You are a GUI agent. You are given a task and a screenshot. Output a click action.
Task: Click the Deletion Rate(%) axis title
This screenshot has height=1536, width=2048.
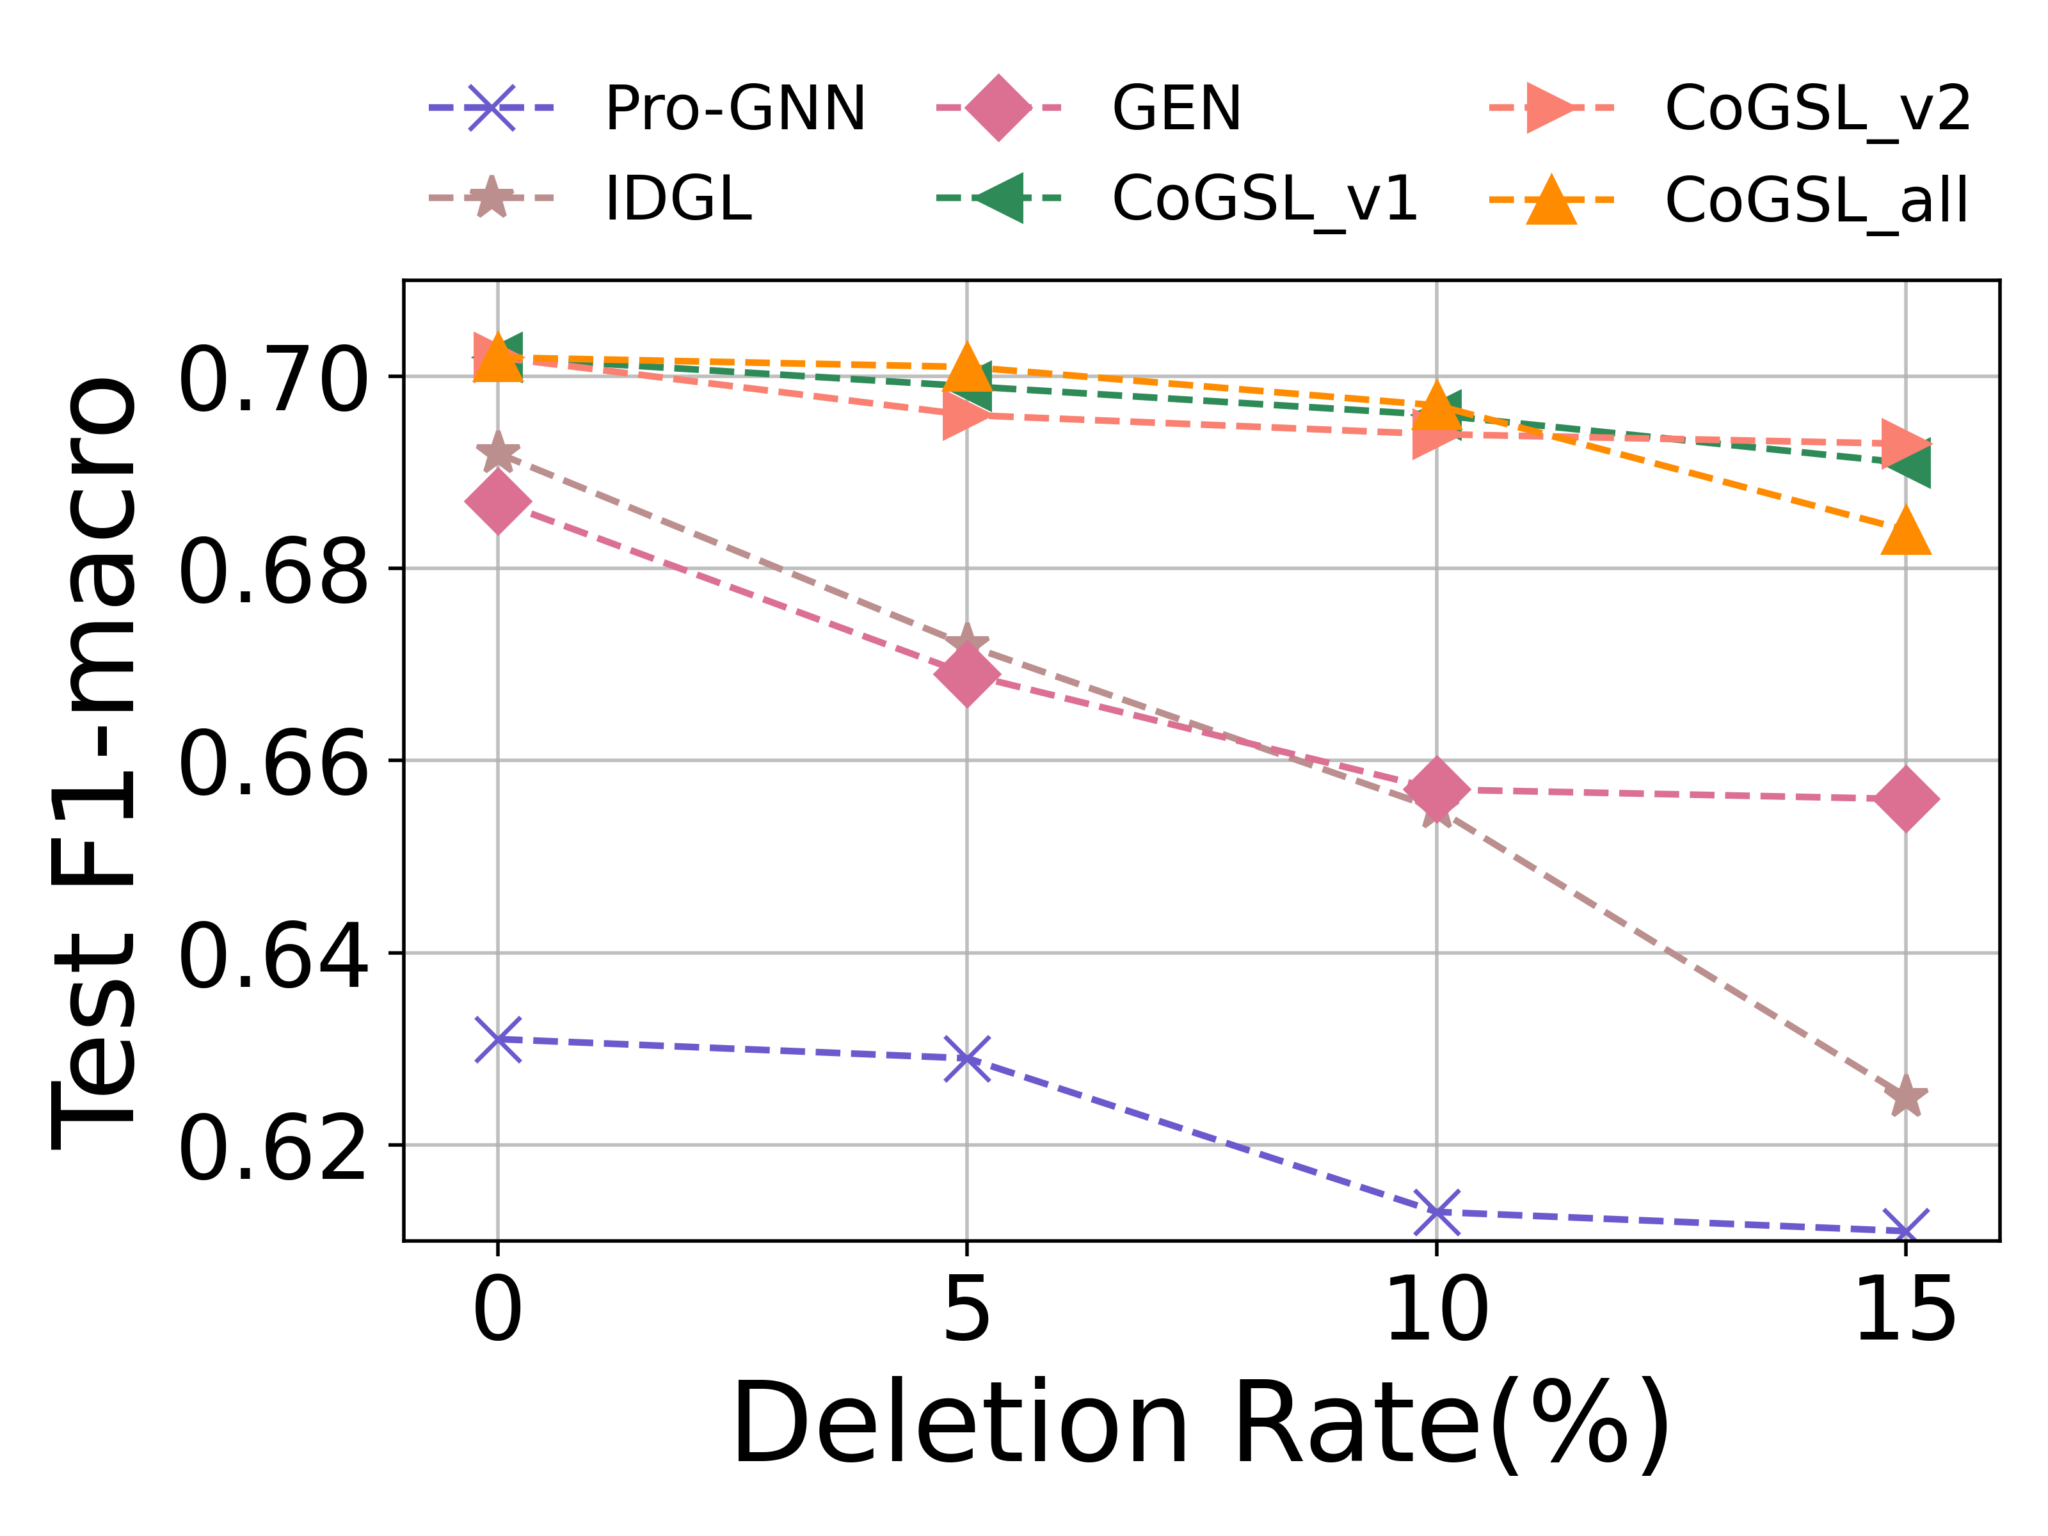(x=1201, y=1425)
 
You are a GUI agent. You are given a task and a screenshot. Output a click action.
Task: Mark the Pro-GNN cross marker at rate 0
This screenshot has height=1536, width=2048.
(x=498, y=1040)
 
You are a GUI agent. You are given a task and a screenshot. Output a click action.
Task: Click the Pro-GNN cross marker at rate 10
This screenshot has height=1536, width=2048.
(x=1437, y=1212)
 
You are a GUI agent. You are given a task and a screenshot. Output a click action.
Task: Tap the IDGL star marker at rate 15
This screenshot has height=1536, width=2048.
(x=1905, y=1097)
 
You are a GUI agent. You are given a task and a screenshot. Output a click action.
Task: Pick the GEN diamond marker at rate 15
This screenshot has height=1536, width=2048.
(x=1905, y=798)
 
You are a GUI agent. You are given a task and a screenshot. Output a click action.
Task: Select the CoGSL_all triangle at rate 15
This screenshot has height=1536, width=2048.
(x=1905, y=531)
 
